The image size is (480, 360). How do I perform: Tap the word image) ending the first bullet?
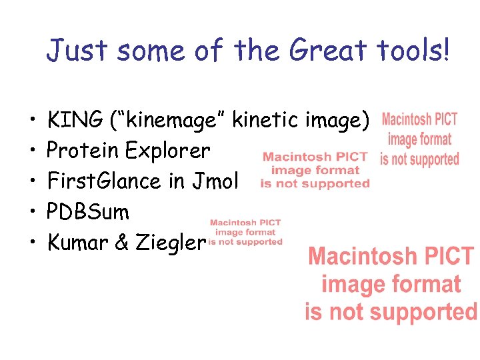[337, 121]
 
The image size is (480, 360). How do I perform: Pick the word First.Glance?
[107, 181]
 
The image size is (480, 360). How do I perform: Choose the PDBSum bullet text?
[88, 211]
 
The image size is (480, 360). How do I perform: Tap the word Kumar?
[78, 242]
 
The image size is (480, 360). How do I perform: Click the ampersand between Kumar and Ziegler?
[121, 242]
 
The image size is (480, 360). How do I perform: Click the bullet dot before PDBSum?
[32, 212]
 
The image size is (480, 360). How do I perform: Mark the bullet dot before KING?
[32, 121]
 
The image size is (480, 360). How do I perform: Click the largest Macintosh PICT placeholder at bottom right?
[391, 284]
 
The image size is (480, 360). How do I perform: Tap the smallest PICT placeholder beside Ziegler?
[246, 232]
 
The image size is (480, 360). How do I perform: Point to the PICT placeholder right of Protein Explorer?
[315, 170]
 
